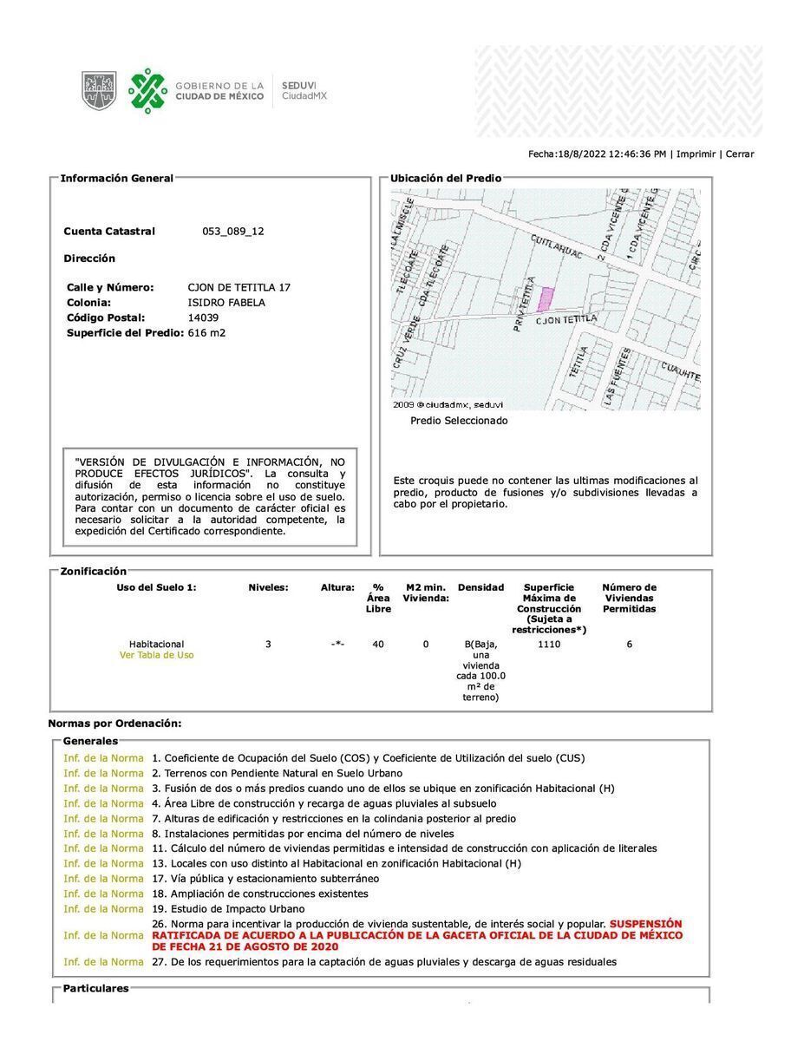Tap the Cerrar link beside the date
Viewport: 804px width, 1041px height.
tap(740, 154)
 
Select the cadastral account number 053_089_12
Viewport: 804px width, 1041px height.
tap(232, 232)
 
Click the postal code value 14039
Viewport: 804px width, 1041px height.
tap(203, 318)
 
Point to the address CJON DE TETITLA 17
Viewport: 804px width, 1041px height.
tap(239, 287)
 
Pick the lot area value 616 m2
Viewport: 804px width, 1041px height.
tap(206, 333)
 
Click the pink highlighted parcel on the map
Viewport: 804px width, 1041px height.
tap(546, 299)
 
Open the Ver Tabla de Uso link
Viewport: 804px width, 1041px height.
tap(157, 656)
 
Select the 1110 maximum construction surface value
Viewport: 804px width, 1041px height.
tap(549, 645)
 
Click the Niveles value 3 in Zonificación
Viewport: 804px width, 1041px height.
tap(268, 645)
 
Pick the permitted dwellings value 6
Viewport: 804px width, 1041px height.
tap(630, 645)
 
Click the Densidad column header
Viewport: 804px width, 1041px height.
tap(480, 587)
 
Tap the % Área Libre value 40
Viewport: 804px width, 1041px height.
tap(378, 645)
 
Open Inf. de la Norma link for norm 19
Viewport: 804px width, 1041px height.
tap(103, 909)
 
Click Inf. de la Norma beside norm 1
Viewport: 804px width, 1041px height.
tap(103, 758)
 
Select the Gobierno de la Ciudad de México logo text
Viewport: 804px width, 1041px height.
tap(219, 91)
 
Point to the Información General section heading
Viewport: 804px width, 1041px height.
tap(116, 179)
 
